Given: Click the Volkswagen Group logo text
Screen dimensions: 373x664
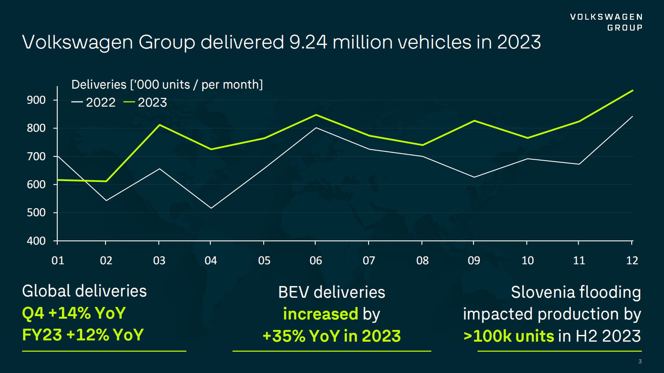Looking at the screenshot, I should click(x=606, y=22).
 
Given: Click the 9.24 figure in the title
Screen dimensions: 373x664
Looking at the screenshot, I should click(x=308, y=42).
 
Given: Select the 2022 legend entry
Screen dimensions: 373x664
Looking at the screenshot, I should click(x=94, y=102).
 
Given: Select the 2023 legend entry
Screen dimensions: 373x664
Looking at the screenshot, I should click(x=146, y=102).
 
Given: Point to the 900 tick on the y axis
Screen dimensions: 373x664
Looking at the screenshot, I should click(x=36, y=100).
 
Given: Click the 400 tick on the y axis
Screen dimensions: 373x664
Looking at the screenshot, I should click(x=36, y=241).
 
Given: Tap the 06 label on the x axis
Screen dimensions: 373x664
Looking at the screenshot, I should click(x=315, y=261).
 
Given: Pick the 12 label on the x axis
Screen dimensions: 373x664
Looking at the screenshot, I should click(x=632, y=261).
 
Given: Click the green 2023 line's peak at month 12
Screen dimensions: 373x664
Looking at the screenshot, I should click(x=632, y=90).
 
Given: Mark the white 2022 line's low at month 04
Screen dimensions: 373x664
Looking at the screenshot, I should click(x=211, y=208).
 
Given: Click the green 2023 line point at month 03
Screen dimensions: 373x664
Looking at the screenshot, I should click(x=159, y=125).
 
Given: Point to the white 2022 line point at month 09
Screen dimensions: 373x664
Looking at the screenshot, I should click(x=474, y=177).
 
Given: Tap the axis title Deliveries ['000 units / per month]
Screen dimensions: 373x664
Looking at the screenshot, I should click(x=167, y=84).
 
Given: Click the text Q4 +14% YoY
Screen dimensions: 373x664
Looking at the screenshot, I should click(x=74, y=313).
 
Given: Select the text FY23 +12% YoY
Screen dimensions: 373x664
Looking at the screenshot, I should click(x=83, y=335).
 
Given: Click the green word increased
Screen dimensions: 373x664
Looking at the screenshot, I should click(x=320, y=314).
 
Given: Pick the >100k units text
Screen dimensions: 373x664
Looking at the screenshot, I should click(x=509, y=336).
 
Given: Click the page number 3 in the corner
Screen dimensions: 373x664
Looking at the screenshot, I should click(x=640, y=361).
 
